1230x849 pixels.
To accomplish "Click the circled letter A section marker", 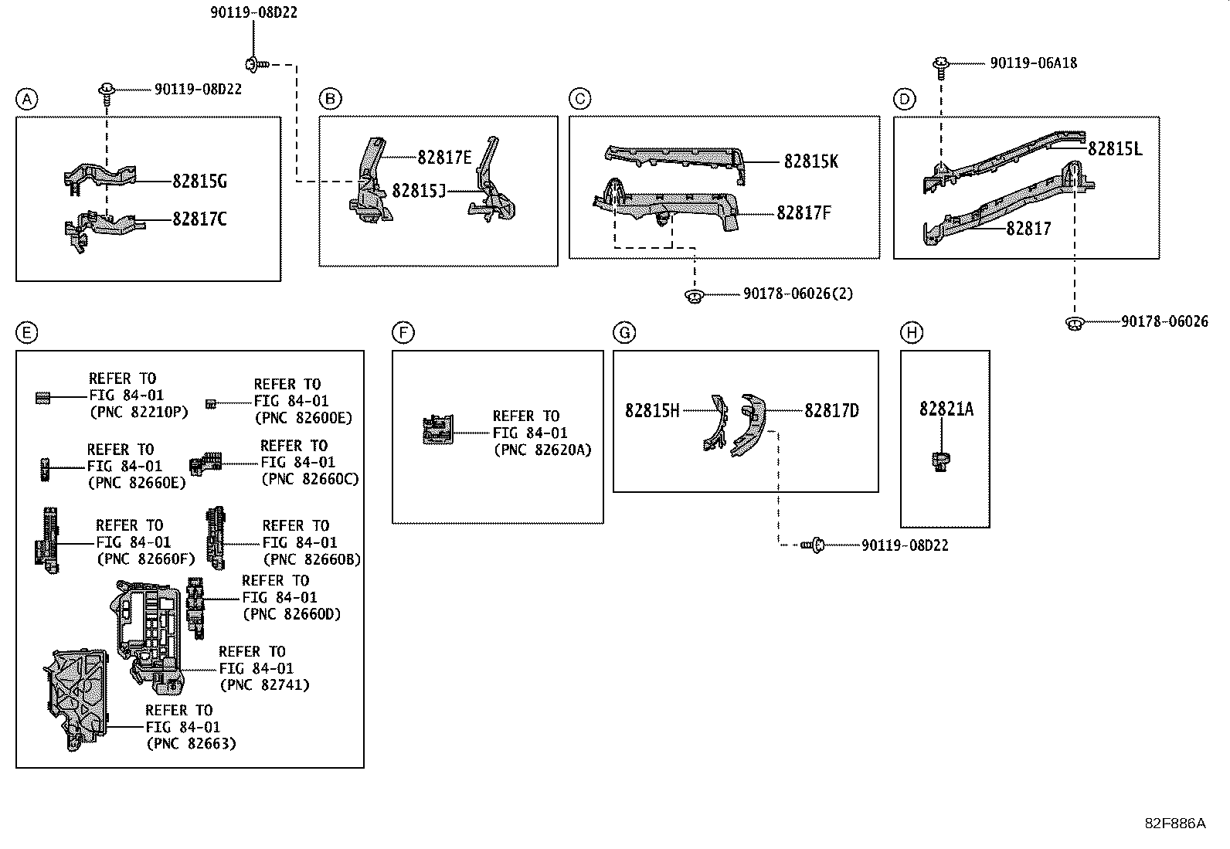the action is click(26, 100).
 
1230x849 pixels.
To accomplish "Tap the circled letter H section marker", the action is click(912, 333).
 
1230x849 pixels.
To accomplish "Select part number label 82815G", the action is click(199, 182).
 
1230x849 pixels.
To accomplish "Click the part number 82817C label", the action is click(199, 219).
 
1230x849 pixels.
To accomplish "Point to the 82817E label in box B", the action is click(444, 158).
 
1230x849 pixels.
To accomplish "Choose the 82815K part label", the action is click(811, 161).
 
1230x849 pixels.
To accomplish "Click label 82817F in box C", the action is click(804, 212).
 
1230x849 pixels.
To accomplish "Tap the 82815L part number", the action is click(1115, 149).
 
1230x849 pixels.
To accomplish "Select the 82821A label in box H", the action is click(946, 409).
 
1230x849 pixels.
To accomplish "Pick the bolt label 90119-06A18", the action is click(1034, 63).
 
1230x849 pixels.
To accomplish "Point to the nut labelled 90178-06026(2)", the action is click(695, 297).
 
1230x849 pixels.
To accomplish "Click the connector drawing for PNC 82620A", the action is click(437, 430).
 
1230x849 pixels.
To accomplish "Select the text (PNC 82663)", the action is click(191, 744).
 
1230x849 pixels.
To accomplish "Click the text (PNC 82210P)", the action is click(139, 412).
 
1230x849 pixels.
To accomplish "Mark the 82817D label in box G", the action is click(831, 411).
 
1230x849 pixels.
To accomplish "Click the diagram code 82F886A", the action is click(1174, 824).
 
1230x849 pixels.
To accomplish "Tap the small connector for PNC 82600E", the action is click(211, 404).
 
